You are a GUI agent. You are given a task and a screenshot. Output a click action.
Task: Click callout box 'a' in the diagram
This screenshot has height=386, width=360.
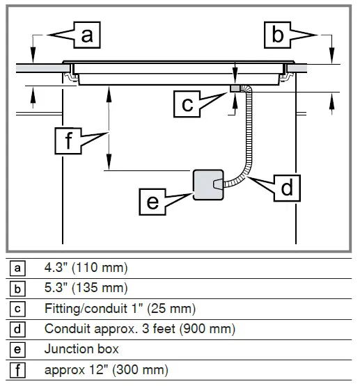coord(86,34)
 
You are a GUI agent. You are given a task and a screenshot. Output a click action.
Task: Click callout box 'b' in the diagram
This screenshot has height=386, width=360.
coord(278,34)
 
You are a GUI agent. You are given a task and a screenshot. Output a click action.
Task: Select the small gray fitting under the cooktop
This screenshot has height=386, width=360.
coord(234,88)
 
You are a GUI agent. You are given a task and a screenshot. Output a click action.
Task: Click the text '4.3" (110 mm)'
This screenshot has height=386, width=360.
coord(86,268)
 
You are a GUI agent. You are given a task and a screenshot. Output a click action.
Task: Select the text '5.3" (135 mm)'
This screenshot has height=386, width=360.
coord(86,288)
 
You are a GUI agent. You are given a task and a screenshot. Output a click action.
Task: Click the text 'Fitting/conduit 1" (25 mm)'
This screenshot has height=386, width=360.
coord(120,308)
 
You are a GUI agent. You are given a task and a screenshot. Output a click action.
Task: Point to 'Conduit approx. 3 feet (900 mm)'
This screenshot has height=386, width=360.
coord(140,328)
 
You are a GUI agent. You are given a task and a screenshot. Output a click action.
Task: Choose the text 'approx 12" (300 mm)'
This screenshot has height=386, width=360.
coord(106,370)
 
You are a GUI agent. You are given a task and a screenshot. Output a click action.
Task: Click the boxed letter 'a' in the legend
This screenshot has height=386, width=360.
coord(19,268)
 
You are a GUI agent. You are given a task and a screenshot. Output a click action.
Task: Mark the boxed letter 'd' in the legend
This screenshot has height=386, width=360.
coord(19,329)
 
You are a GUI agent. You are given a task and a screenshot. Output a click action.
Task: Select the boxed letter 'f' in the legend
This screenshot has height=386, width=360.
coord(19,370)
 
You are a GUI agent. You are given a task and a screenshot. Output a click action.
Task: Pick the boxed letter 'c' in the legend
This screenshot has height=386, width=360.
coord(19,309)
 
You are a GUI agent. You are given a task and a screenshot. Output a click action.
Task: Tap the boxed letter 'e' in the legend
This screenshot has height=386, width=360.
coord(19,349)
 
